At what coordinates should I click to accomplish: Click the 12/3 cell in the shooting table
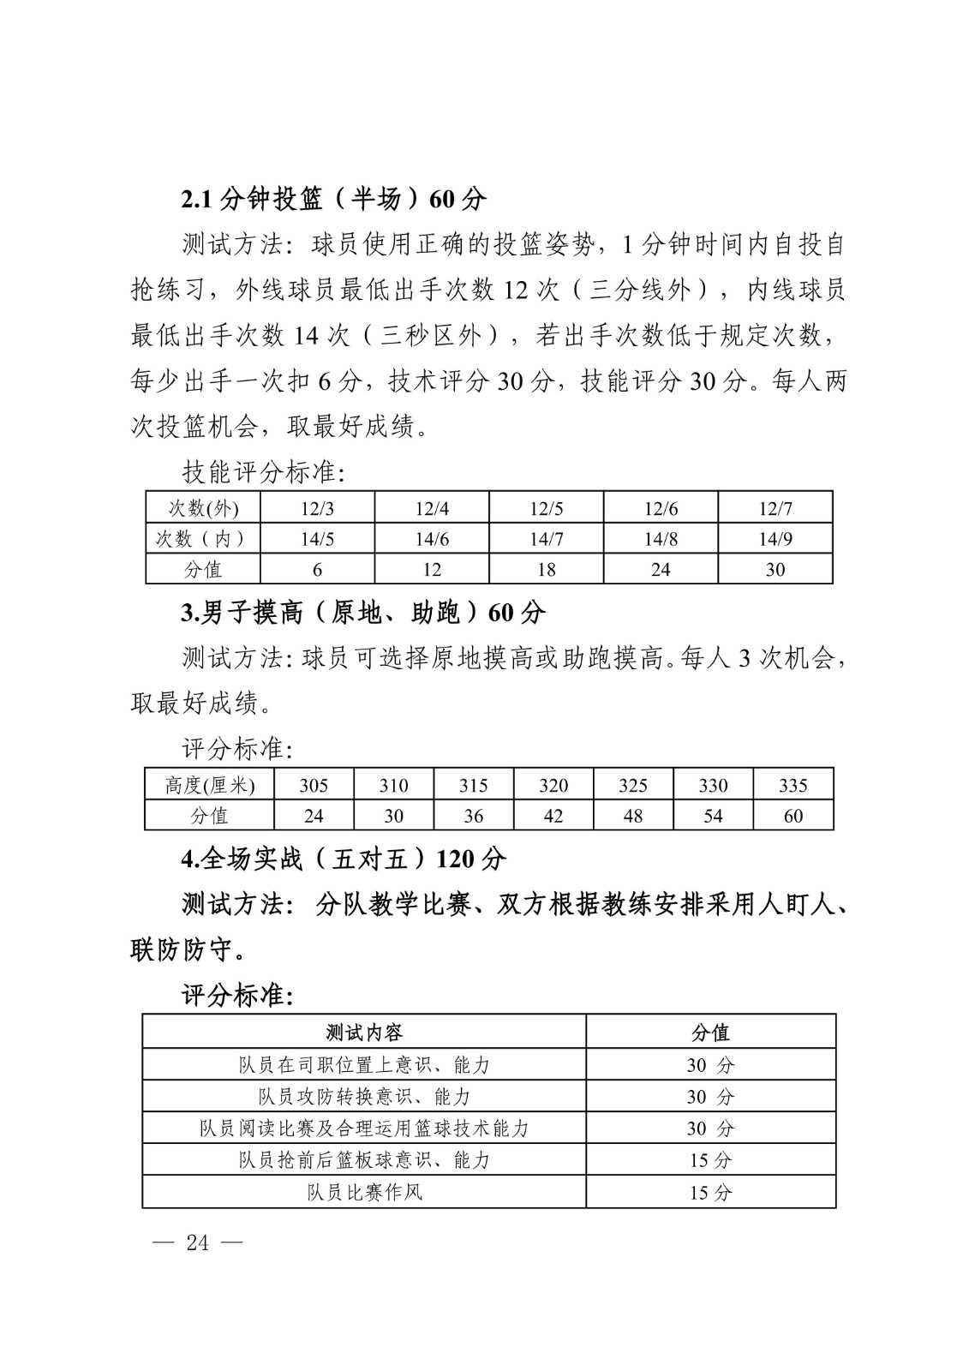tap(317, 508)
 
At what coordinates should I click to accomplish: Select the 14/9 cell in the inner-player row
tap(775, 539)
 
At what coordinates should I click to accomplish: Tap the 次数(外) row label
tap(203, 508)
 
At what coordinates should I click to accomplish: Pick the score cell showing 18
tap(546, 570)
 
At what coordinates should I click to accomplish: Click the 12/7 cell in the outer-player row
tap(775, 508)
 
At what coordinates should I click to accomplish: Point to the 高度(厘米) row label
tap(209, 785)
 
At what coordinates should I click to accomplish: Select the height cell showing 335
tap(793, 785)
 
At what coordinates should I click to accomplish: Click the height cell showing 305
tap(314, 785)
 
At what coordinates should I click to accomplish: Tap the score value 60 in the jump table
tap(793, 816)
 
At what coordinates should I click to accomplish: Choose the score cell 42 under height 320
tap(553, 816)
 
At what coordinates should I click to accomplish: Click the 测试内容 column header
tap(364, 1033)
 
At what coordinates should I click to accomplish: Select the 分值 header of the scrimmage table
tap(710, 1033)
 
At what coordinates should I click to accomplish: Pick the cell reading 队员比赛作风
tap(364, 1192)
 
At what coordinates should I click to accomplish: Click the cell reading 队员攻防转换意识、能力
tap(364, 1097)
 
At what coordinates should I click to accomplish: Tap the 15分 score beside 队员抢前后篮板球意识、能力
tap(710, 1160)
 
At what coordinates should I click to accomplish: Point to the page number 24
tap(197, 1242)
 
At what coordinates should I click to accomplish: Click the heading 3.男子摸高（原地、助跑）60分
tap(363, 613)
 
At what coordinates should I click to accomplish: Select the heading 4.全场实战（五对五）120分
tap(344, 859)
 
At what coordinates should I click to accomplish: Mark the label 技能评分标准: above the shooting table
tap(263, 471)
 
